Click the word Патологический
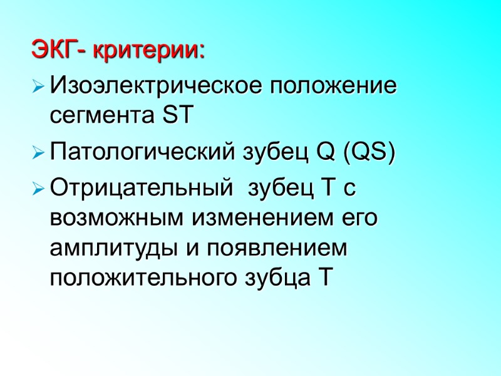point(142,152)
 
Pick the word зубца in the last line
point(272,279)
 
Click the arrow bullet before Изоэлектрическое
point(38,84)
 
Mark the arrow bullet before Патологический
point(38,152)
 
